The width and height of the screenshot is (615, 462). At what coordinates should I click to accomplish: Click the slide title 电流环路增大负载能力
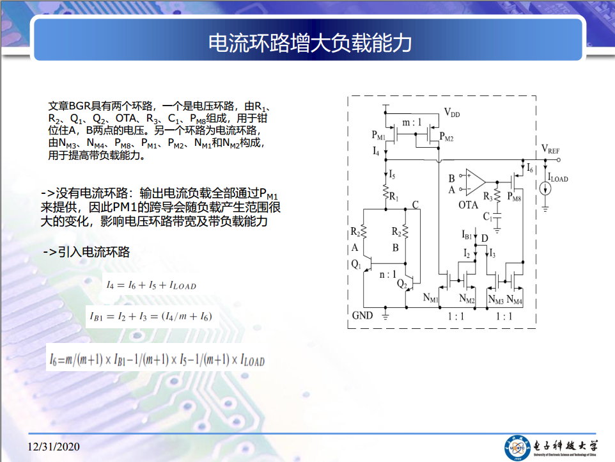[x=310, y=42]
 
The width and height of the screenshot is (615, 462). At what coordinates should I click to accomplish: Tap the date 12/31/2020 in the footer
[x=53, y=447]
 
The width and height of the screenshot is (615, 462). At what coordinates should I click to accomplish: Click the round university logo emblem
[x=517, y=448]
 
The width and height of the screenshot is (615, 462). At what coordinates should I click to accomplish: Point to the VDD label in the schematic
[x=452, y=113]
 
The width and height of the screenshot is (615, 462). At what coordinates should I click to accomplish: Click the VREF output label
[x=550, y=149]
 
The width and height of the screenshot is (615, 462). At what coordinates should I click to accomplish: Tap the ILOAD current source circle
[x=545, y=189]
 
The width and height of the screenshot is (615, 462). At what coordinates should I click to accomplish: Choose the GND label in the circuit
[x=362, y=315]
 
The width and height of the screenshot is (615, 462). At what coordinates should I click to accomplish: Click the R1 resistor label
[x=394, y=196]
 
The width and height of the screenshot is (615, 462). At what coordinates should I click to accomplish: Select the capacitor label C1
[x=488, y=216]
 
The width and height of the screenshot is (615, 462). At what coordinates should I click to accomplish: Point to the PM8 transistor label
[x=514, y=196]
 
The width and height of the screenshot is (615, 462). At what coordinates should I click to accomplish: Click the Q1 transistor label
[x=355, y=264]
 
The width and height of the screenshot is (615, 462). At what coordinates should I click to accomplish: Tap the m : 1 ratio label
[x=412, y=122]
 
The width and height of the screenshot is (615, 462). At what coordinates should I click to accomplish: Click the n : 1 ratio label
[x=387, y=275]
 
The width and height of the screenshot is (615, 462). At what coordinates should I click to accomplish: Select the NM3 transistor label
[x=495, y=299]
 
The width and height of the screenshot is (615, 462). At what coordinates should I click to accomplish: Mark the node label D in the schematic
[x=485, y=238]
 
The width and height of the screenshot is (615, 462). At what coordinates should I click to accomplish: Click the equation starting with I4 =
[x=152, y=285]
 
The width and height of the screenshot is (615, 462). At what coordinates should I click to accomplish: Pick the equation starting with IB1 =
[x=151, y=316]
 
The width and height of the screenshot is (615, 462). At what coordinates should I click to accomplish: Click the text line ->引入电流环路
[x=86, y=251]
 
